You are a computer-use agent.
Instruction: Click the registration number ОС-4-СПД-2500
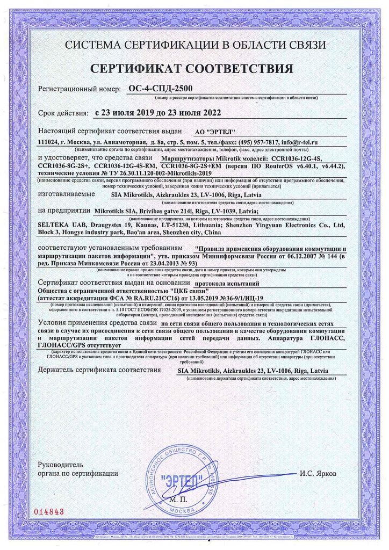(x=161, y=89)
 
